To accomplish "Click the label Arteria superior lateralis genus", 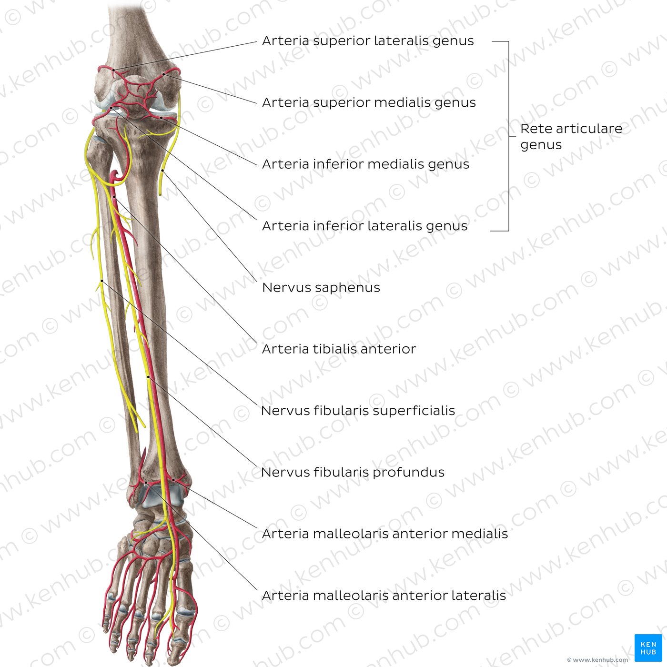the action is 368,41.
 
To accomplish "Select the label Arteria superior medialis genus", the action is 369,102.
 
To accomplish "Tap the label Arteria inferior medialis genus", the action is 365,164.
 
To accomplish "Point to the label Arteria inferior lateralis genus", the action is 364,226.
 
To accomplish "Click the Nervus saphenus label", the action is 321,287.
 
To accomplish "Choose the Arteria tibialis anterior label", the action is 339,349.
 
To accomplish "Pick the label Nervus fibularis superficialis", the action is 358,411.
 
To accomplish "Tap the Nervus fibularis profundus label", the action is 353,472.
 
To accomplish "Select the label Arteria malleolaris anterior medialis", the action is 385,534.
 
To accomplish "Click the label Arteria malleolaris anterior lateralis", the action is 384,596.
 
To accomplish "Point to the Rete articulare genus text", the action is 571,136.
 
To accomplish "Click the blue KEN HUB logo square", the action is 648,647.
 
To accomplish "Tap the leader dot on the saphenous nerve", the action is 162,171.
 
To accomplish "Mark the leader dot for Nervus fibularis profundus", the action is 148,376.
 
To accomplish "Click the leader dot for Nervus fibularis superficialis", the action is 102,280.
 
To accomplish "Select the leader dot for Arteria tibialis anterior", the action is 114,197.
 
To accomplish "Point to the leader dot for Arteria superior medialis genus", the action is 164,74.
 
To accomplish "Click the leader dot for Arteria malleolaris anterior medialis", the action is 173,480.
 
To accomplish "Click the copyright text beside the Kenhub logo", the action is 598,659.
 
